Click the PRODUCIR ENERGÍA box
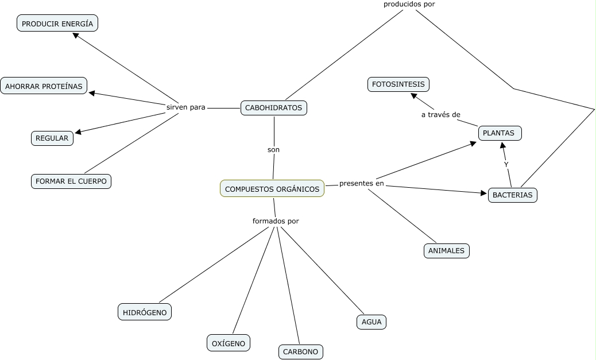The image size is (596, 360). (57, 24)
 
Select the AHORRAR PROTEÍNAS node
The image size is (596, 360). (44, 86)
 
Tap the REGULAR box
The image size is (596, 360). (52, 138)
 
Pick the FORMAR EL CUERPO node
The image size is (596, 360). (71, 181)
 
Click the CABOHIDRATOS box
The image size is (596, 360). (273, 107)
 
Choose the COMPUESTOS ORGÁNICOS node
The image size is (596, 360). (272, 188)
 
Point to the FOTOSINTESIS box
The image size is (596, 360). (398, 84)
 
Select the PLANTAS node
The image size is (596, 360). (500, 133)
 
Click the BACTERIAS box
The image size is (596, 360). (512, 195)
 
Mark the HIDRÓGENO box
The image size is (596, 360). (145, 312)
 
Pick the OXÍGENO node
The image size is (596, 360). (229, 343)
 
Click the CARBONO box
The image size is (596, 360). (301, 351)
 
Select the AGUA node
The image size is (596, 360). (371, 322)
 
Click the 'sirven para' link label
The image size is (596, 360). (185, 107)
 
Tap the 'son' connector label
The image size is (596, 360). (273, 149)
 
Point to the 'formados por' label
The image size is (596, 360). (276, 220)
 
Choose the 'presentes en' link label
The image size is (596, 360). (361, 184)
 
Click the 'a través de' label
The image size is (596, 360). (440, 114)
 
